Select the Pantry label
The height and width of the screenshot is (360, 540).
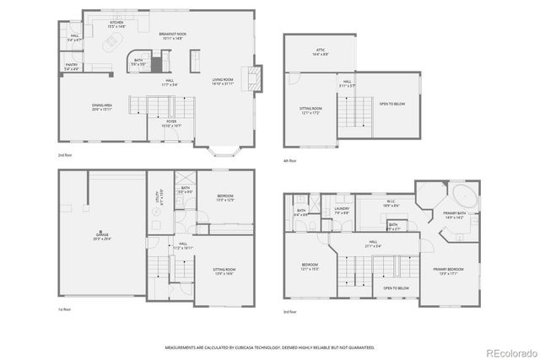72,67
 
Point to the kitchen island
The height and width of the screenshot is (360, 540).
111,43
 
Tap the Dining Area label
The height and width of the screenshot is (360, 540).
103,107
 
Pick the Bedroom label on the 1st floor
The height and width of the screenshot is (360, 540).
224,198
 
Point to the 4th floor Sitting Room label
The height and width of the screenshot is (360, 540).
311,110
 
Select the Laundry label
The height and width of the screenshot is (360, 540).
341,211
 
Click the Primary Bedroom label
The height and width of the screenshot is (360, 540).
449,271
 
